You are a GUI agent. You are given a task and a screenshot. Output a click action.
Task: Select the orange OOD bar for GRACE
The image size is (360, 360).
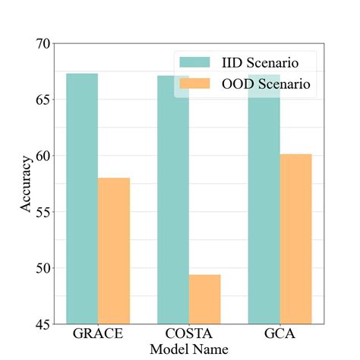click(x=114, y=251)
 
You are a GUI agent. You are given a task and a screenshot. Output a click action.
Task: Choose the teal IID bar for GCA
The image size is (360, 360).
click(x=264, y=213)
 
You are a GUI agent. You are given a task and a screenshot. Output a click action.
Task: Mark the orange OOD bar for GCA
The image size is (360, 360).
click(x=295, y=239)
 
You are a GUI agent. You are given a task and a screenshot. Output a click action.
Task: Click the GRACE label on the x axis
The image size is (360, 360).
click(x=98, y=335)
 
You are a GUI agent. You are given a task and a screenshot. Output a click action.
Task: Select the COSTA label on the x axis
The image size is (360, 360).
click(x=189, y=335)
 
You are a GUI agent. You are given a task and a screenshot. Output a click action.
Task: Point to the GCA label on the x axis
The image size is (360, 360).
click(x=279, y=335)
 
